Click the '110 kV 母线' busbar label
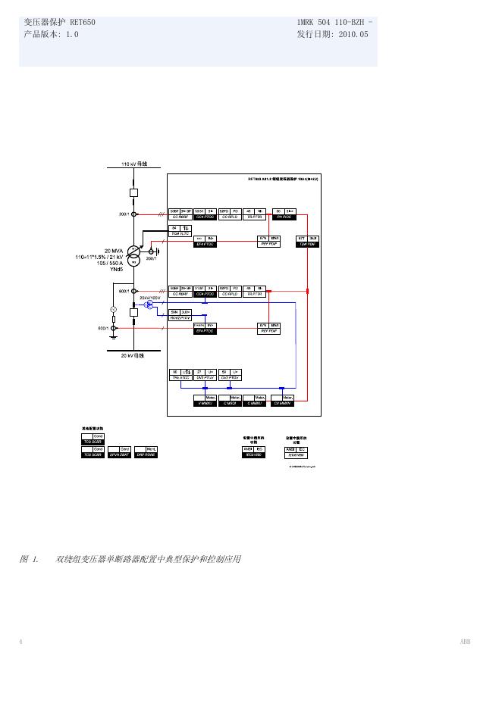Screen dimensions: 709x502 (133, 164)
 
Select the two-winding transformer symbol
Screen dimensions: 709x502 (133, 255)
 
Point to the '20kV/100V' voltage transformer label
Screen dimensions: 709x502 (150, 298)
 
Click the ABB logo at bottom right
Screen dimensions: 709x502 (465, 642)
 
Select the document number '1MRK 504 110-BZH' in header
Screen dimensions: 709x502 (334, 23)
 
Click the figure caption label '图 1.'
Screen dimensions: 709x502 (29, 559)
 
